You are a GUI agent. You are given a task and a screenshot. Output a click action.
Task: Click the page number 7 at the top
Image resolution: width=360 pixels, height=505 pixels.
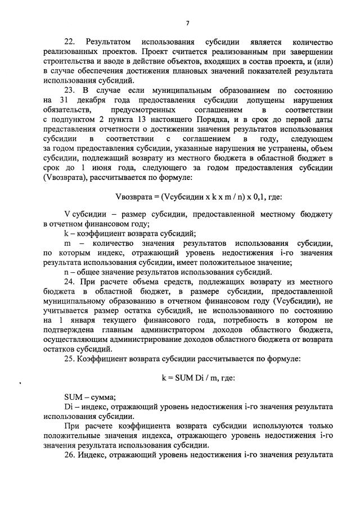(187, 23)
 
